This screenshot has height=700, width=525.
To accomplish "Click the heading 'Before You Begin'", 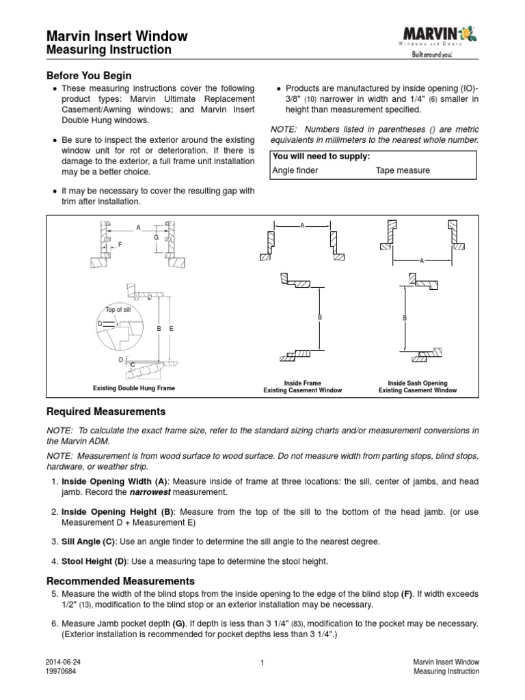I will [88, 75].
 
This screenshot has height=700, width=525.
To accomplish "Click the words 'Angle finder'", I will [295, 170].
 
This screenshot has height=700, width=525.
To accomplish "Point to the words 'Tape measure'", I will [403, 170].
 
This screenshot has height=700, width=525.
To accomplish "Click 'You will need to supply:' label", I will [321, 157].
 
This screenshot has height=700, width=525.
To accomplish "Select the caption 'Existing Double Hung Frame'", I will [134, 388].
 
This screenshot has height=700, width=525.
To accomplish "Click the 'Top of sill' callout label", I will [117, 310].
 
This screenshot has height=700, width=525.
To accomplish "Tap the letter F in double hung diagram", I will [120, 243].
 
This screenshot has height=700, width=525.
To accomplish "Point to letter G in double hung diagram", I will [156, 237].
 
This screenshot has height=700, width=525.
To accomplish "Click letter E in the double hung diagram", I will [171, 329].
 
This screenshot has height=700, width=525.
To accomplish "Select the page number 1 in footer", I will [262, 664].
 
